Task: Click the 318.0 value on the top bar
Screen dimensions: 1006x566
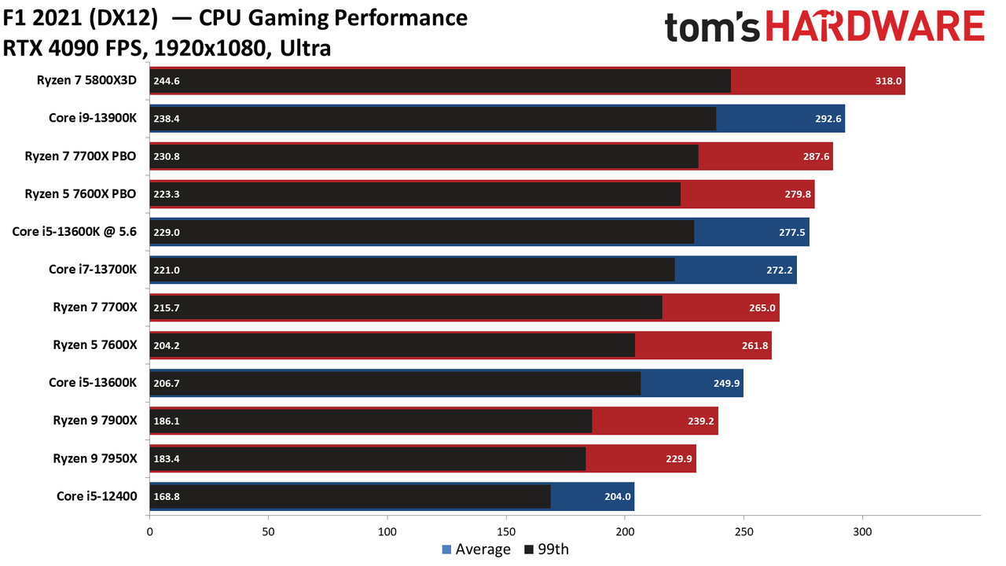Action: point(888,81)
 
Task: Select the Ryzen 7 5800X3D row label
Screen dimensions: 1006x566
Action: point(86,80)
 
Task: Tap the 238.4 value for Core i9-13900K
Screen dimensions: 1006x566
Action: point(167,119)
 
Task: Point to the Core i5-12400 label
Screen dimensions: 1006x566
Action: point(97,496)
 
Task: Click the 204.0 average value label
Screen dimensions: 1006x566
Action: point(618,496)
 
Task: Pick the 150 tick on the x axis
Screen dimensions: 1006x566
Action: point(506,532)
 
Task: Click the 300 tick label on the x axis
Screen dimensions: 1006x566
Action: point(862,532)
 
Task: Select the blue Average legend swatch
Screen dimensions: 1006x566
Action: point(446,549)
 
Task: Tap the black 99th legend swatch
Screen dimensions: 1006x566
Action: point(529,549)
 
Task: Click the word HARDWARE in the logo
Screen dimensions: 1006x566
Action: point(876,27)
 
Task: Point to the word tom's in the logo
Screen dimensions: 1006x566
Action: point(712,28)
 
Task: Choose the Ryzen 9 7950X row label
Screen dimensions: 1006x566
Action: point(95,458)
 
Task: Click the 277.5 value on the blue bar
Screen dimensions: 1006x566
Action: point(791,232)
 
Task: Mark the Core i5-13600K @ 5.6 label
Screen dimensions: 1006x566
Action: point(74,232)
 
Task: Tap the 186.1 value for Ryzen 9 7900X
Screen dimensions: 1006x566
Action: point(167,421)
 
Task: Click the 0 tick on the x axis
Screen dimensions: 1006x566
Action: point(149,532)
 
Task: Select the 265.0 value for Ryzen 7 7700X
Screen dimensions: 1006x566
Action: point(762,307)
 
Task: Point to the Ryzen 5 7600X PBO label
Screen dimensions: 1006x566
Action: point(80,193)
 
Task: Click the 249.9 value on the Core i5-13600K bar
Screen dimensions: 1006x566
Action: point(727,383)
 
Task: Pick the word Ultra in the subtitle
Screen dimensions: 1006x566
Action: point(306,49)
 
